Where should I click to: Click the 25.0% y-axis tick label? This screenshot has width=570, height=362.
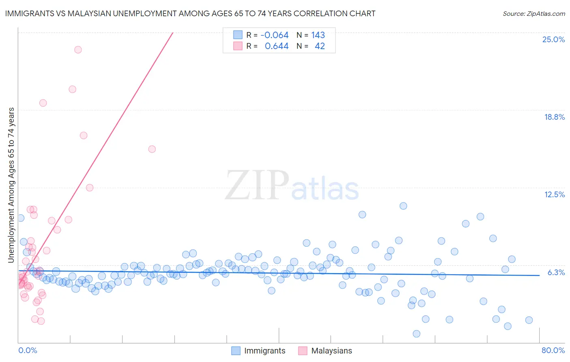[x=553, y=39]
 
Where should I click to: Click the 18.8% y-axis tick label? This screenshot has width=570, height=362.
[x=554, y=117]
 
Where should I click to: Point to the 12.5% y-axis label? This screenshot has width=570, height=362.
[x=554, y=194]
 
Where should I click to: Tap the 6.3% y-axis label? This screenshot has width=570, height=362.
[x=556, y=272]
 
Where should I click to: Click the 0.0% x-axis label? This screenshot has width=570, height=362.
[x=28, y=350]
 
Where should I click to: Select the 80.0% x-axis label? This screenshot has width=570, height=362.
[x=553, y=350]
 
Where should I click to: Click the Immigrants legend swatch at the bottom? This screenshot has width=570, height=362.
[x=236, y=351]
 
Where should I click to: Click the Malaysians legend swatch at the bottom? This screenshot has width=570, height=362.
[x=303, y=351]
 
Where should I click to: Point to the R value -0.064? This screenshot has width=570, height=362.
[x=274, y=35]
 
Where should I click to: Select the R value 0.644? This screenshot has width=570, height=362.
[x=276, y=46]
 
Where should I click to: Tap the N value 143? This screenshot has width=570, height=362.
[x=318, y=35]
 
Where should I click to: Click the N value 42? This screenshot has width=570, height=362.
[x=319, y=46]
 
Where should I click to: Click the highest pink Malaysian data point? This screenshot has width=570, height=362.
[x=78, y=50]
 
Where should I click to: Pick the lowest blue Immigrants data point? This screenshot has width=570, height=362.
[x=416, y=334]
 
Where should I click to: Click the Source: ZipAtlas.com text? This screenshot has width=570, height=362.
[x=534, y=14]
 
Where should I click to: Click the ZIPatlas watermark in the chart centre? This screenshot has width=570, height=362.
[x=292, y=186]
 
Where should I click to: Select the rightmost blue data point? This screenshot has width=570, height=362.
[x=529, y=320]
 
